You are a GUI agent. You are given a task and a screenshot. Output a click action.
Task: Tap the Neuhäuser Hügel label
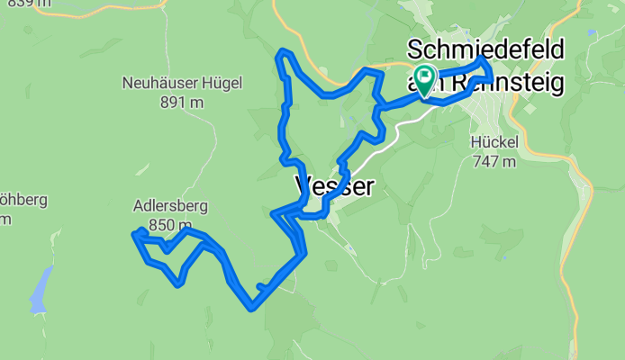click(183, 84)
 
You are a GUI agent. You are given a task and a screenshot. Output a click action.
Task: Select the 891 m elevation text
click(183, 103)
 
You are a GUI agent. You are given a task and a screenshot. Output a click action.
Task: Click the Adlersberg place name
click(170, 206)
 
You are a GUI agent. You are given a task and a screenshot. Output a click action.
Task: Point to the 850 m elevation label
click(170, 225)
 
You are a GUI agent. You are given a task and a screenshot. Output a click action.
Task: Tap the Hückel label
click(494, 142)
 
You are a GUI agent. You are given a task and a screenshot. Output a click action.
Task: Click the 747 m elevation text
click(494, 161)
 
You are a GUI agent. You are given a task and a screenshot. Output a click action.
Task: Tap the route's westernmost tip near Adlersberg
click(134, 234)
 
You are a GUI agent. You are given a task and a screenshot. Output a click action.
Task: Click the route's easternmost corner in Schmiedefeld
click(490, 79)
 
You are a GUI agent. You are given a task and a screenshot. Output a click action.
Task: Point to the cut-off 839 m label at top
click(27, 4)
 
